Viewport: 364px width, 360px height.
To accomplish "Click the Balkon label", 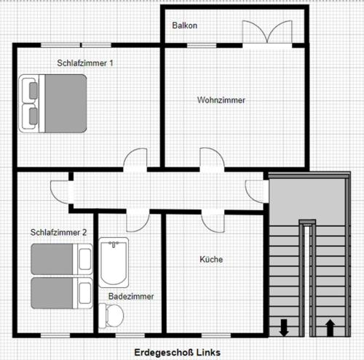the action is pyautogui.click(x=184, y=25).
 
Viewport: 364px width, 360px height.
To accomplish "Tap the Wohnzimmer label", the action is pyautogui.click(x=221, y=100).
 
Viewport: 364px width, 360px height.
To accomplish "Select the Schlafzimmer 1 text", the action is pyautogui.click(x=85, y=63).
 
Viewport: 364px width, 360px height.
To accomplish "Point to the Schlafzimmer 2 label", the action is pyautogui.click(x=58, y=232).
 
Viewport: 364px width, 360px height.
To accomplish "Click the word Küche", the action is pyautogui.click(x=211, y=259).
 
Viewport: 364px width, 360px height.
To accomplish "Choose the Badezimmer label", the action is pyautogui.click(x=131, y=296).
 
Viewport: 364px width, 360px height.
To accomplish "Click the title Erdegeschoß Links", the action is pyautogui.click(x=178, y=352).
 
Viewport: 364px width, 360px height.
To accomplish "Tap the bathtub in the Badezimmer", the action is pyautogui.click(x=114, y=263).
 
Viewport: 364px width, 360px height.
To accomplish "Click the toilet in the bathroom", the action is pyautogui.click(x=111, y=316).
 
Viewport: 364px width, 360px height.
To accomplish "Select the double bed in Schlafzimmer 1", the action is pyautogui.click(x=52, y=103).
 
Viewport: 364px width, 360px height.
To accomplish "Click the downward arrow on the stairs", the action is pyautogui.click(x=284, y=327).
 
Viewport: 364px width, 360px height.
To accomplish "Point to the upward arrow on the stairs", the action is pyautogui.click(x=330, y=327).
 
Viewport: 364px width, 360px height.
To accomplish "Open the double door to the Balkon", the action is pyautogui.click(x=267, y=33).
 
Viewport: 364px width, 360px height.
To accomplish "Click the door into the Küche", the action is pyautogui.click(x=213, y=222).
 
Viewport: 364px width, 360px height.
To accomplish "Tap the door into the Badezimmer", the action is pyautogui.click(x=138, y=221).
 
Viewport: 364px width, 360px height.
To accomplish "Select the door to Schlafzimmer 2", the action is pyautogui.click(x=60, y=191).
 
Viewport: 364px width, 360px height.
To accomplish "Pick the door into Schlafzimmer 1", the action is pyautogui.click(x=135, y=159).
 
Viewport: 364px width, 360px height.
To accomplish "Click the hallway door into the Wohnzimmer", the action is pyautogui.click(x=212, y=159).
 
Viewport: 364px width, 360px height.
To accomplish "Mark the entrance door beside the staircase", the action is pyautogui.click(x=256, y=191).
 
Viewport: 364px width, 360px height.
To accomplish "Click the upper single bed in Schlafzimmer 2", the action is pyautogui.click(x=62, y=259).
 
